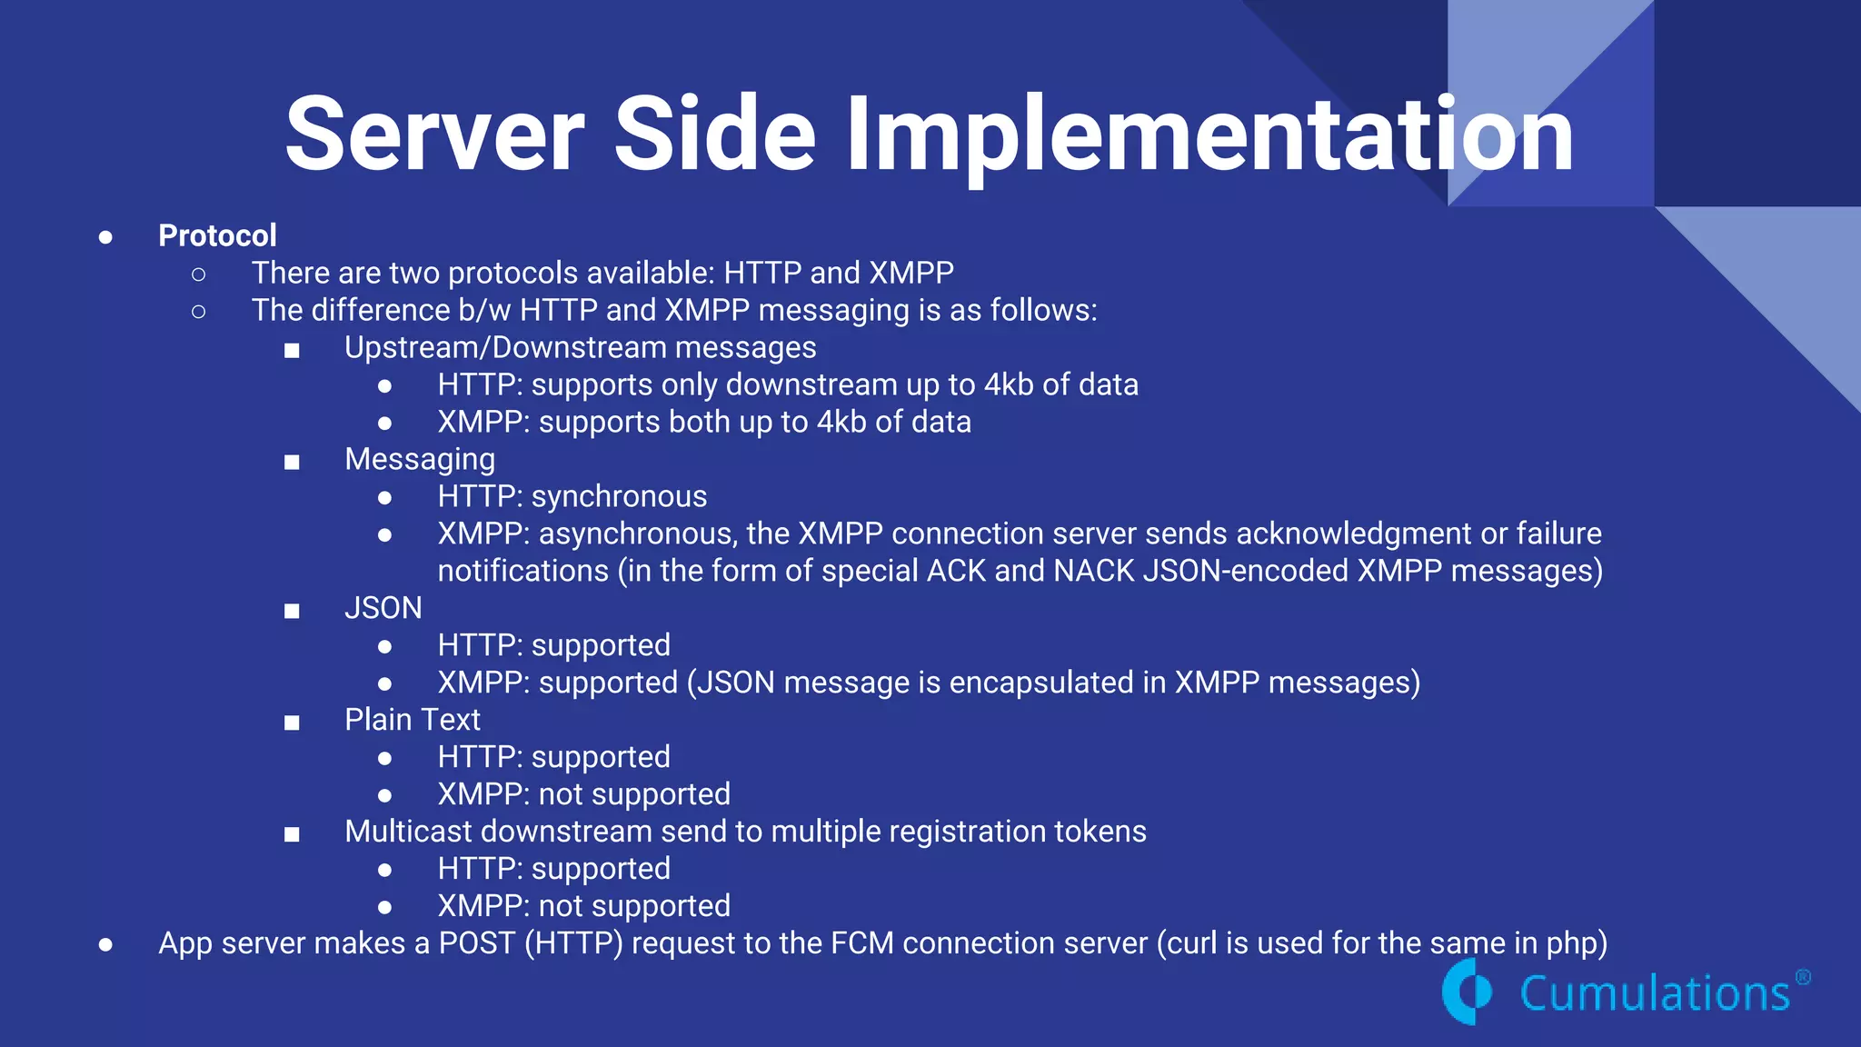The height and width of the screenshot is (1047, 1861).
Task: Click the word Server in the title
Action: click(434, 135)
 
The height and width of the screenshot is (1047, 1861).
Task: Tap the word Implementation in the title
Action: click(1209, 135)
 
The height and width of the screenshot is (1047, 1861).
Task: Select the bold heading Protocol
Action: click(217, 235)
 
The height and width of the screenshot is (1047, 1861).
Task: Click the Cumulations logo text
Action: click(1655, 993)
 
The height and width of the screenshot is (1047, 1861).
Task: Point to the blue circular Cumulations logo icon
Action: click(1466, 992)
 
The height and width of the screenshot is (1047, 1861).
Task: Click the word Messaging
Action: click(420, 460)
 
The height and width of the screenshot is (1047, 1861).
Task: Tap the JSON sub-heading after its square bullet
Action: click(383, 608)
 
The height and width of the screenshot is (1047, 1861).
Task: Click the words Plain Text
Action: click(412, 720)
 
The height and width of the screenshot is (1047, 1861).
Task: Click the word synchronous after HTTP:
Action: click(619, 497)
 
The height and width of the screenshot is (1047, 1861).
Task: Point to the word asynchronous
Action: click(636, 534)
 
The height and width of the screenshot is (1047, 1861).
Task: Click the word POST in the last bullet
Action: click(477, 943)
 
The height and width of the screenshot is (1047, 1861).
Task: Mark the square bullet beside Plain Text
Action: click(292, 723)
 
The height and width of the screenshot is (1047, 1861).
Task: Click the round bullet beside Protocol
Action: click(105, 237)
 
